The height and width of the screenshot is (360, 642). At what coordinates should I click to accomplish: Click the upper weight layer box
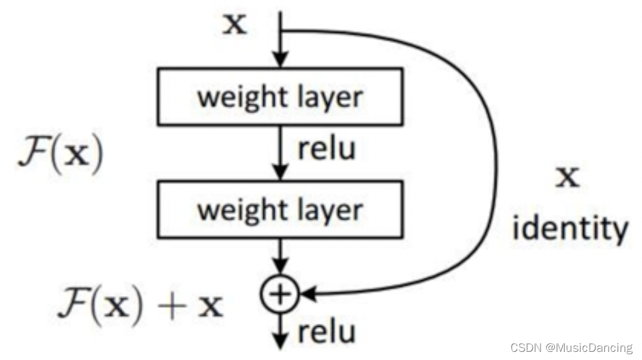280,97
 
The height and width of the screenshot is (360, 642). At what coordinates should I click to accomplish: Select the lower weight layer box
280,209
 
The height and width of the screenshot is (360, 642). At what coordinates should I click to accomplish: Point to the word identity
570,229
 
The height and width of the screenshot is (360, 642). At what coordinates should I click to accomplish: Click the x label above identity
569,177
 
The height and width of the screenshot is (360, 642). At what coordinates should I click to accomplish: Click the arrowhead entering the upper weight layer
282,60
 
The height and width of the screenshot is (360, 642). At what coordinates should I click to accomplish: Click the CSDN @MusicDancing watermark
571,347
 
